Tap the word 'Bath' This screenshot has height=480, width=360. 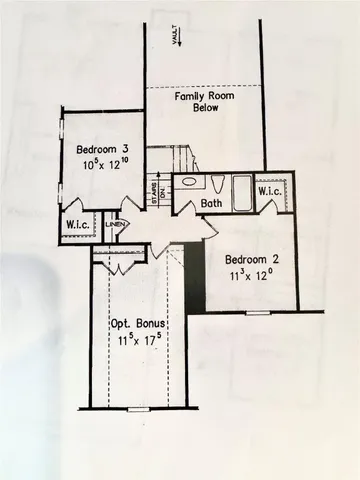[x=211, y=204]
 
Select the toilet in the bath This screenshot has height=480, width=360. [x=215, y=183]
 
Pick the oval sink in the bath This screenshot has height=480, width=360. [x=187, y=184]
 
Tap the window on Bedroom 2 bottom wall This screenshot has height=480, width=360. [x=257, y=312]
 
